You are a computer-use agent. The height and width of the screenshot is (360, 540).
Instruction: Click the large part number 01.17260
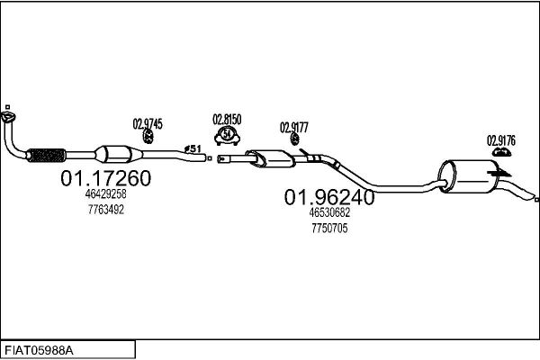click(105, 178)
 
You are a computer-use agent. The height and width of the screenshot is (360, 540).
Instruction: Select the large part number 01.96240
click(329, 197)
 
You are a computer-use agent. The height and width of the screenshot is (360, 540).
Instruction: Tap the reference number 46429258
click(105, 194)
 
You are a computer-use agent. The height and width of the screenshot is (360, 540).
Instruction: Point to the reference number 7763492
click(105, 210)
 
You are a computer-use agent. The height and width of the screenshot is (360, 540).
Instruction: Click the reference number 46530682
click(329, 212)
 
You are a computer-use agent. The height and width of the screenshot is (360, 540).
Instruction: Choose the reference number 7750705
click(329, 228)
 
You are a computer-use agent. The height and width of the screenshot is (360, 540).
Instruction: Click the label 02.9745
click(148, 124)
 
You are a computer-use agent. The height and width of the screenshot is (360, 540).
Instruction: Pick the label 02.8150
click(227, 120)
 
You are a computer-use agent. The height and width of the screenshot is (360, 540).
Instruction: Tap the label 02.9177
click(294, 128)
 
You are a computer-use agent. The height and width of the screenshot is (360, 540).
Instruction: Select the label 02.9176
click(501, 140)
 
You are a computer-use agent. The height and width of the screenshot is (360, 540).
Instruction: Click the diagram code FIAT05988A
click(39, 351)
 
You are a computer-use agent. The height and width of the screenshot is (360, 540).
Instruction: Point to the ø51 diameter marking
click(193, 148)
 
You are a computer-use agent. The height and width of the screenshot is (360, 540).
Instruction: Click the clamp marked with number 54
click(227, 135)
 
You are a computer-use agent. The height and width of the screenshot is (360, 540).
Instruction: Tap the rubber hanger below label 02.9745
click(148, 137)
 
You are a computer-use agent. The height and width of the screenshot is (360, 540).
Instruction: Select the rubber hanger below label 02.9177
click(295, 139)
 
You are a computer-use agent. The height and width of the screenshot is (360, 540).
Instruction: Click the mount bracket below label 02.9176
click(500, 152)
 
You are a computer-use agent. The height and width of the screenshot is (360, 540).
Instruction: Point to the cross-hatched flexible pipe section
click(46, 156)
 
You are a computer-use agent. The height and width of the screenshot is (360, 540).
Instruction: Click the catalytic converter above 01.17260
click(119, 154)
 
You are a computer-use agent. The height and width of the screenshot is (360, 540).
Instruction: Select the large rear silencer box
click(468, 176)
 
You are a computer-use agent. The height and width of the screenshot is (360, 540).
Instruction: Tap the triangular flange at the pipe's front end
click(8, 117)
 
